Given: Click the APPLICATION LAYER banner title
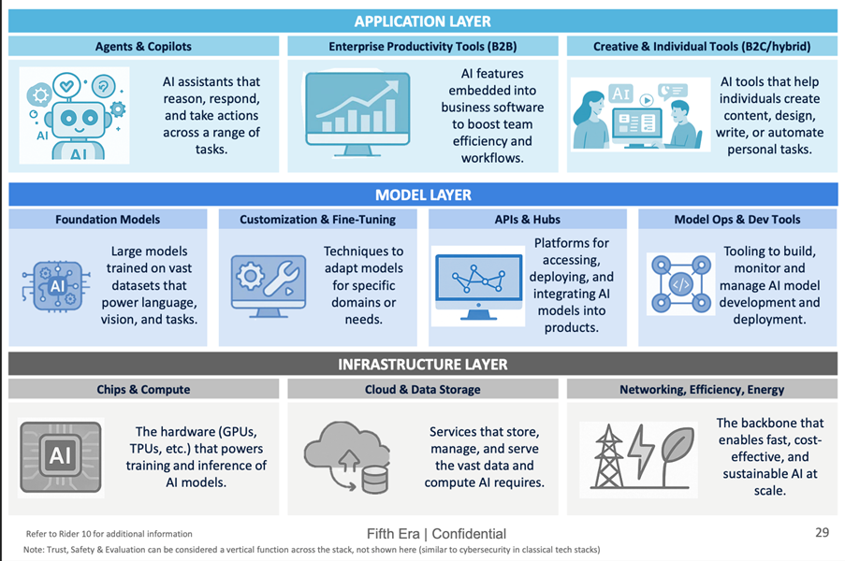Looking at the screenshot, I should tap(422, 22).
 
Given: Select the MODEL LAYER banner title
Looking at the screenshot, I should tap(422, 194).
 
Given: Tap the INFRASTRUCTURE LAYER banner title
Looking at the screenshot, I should tap(422, 364).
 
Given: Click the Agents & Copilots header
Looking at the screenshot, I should tap(143, 46).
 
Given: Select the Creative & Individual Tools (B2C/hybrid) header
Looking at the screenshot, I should tap(702, 46).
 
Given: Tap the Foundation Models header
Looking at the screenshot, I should tap(108, 220).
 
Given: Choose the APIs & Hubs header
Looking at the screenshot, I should tap(527, 220).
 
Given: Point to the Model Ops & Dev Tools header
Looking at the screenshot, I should tap(737, 220).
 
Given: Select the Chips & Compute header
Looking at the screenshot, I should tap(143, 389).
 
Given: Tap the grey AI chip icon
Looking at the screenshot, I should tap(61, 456).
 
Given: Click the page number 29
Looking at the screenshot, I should tap(822, 532).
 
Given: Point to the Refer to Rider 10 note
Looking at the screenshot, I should tap(109, 534).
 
